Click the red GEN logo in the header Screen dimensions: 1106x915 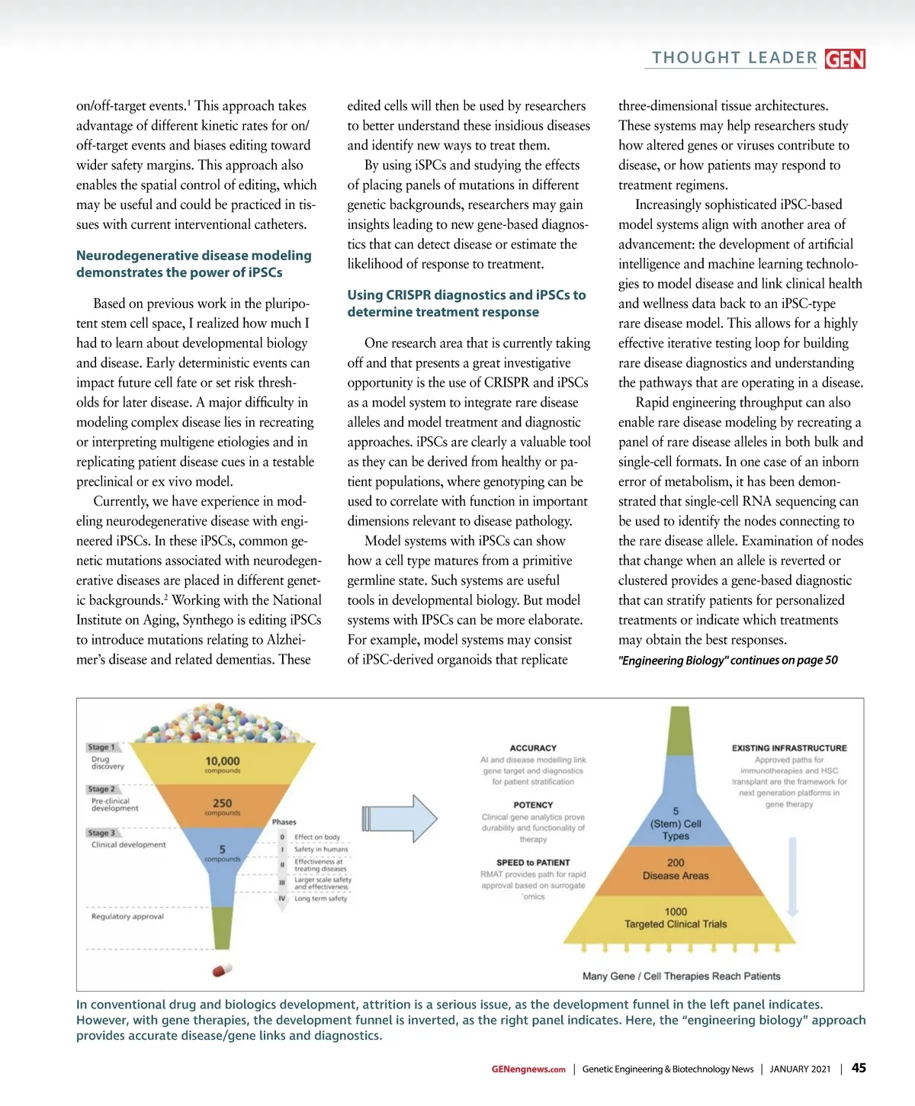click(845, 59)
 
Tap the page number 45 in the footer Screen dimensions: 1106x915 click(859, 1068)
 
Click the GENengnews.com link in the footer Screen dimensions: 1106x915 click(528, 1069)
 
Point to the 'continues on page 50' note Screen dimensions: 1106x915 click(727, 660)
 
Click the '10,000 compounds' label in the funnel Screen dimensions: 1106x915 click(223, 764)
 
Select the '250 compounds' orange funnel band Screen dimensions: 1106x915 click(223, 806)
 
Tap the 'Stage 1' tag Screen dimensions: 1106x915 click(101, 747)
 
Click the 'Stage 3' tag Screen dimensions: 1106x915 click(101, 833)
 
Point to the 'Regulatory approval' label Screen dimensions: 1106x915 click(127, 916)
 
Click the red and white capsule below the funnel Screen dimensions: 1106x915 click(222, 969)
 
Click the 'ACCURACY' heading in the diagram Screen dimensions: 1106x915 click(533, 748)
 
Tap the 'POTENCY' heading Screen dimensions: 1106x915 click(533, 805)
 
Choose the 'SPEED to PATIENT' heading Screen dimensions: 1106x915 click(533, 863)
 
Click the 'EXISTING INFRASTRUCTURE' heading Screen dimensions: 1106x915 click(789, 748)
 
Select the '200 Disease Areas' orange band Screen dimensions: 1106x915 click(676, 869)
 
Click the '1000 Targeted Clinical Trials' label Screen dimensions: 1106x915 click(676, 918)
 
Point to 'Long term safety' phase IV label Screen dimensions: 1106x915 click(320, 899)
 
